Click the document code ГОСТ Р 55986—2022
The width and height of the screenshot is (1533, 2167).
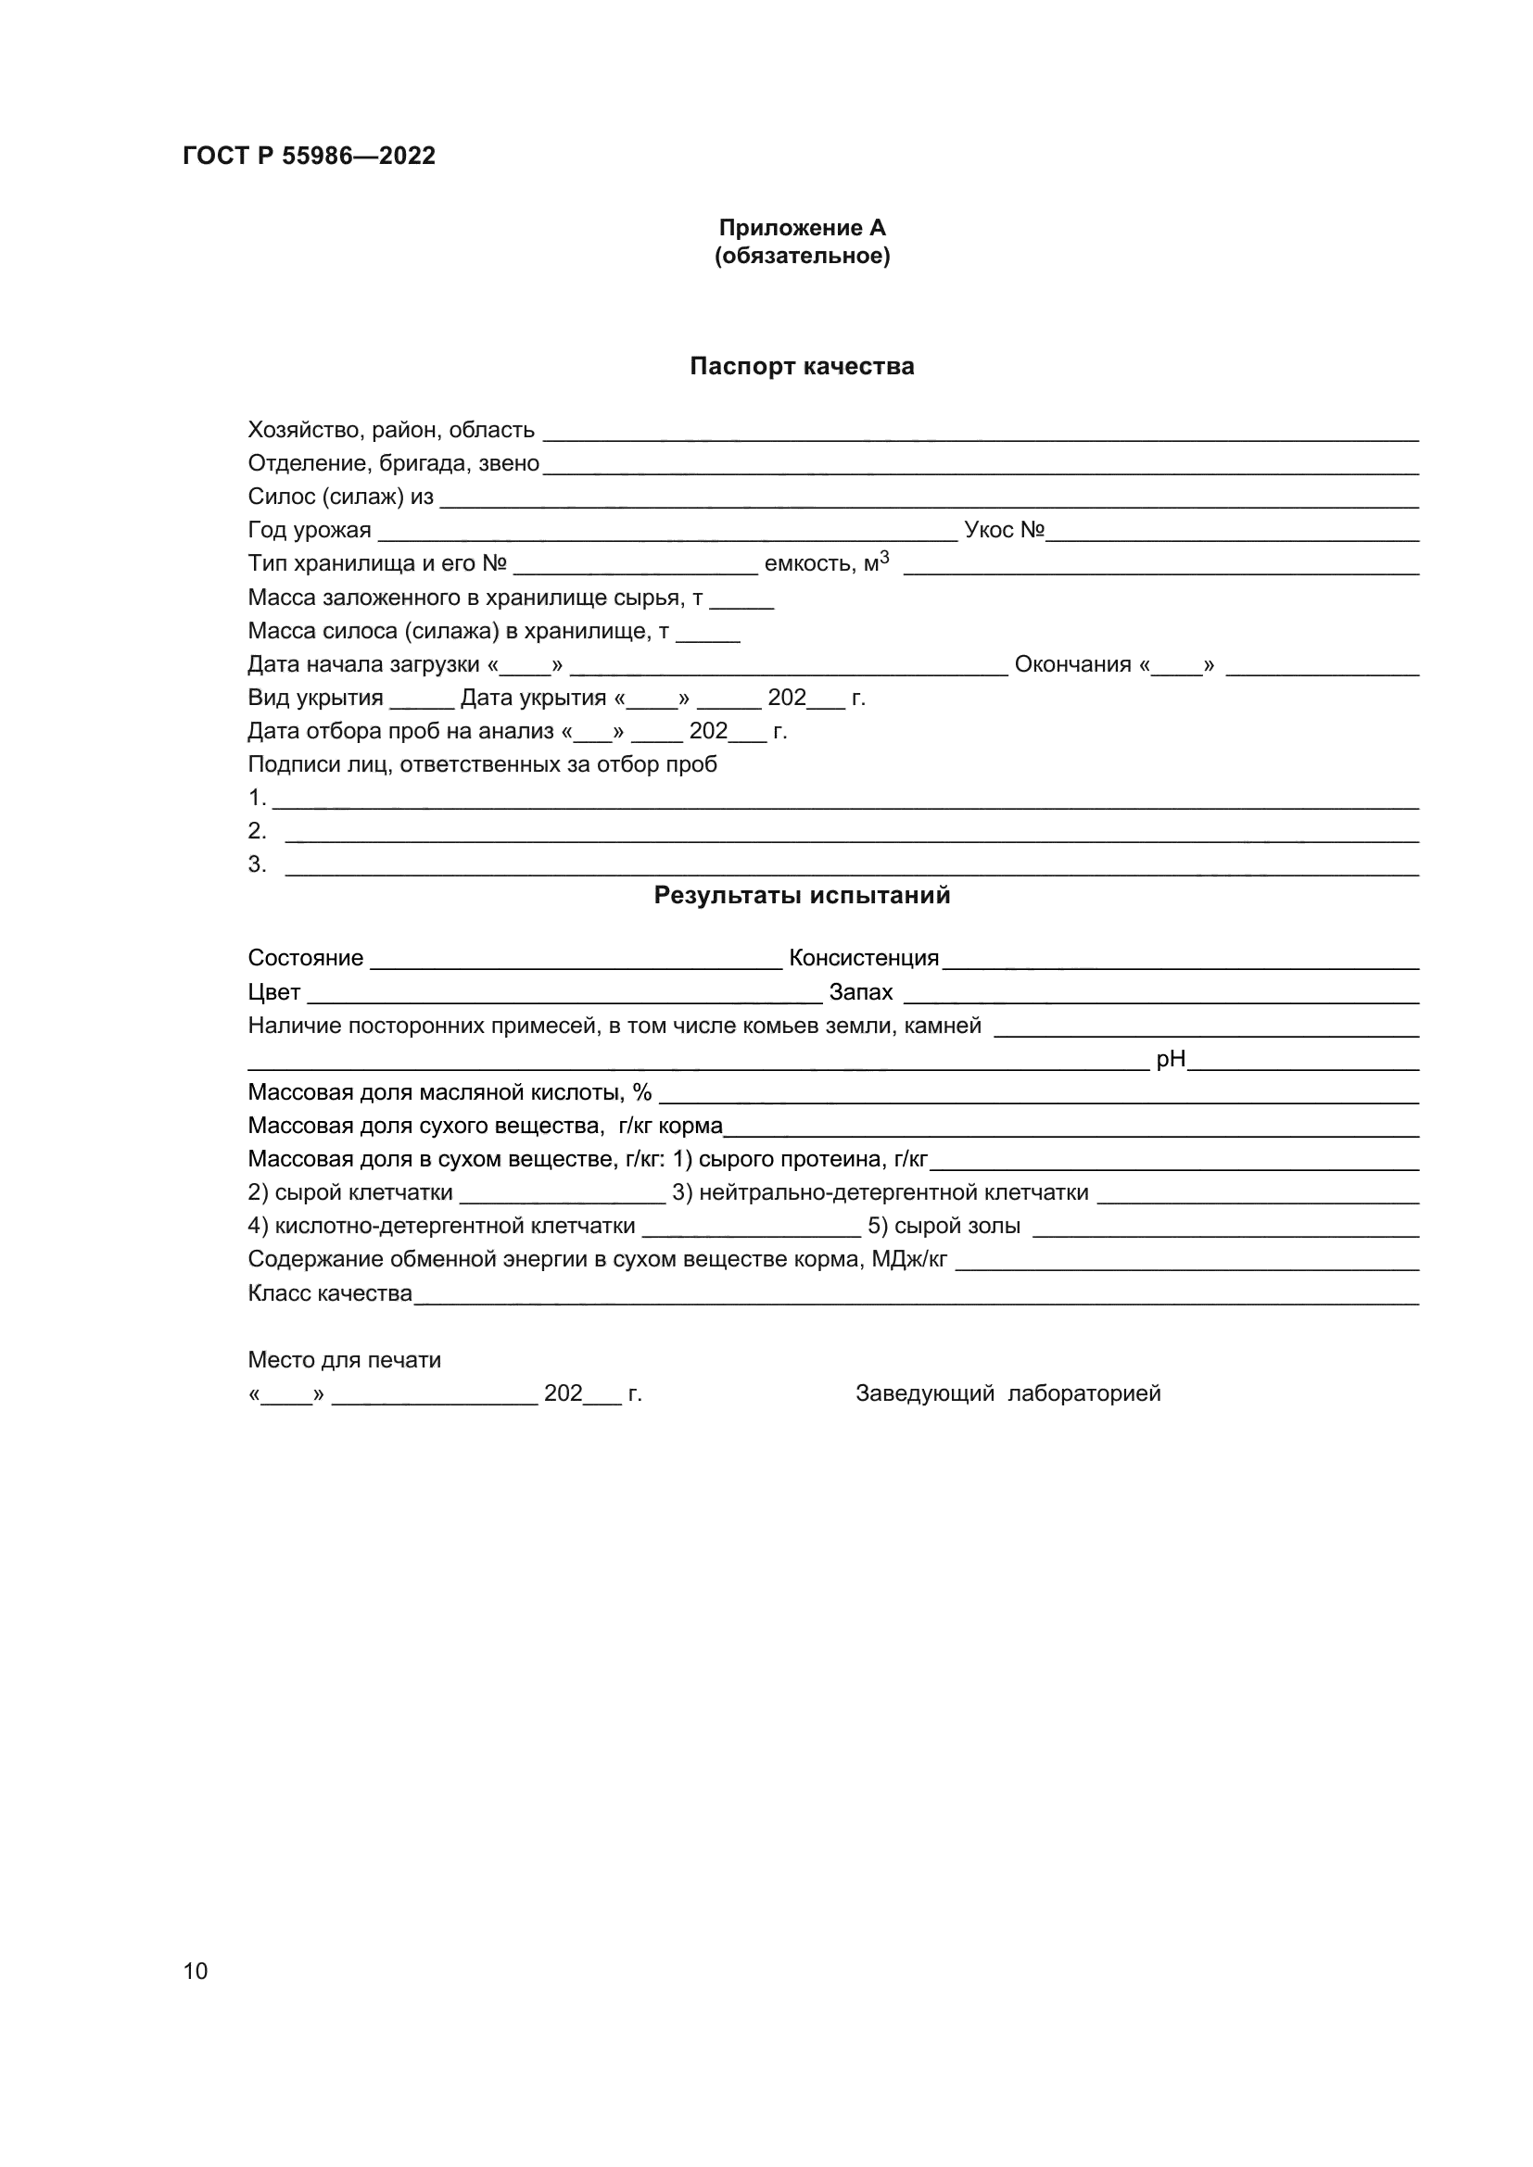click(309, 156)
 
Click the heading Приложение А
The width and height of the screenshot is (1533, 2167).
click(802, 228)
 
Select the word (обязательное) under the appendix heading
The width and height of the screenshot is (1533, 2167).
click(802, 256)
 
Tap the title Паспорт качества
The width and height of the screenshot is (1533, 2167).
click(802, 366)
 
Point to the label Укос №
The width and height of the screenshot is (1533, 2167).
click(1004, 531)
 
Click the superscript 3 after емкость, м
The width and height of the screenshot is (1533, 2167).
click(884, 557)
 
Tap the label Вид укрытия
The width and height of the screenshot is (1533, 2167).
click(315, 698)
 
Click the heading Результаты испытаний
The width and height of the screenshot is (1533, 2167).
click(802, 896)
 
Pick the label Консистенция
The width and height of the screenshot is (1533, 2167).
click(864, 958)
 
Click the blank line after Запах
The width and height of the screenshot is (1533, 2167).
click(1161, 999)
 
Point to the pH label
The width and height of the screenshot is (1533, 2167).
click(1171, 1059)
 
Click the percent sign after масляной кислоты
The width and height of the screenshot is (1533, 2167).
click(642, 1092)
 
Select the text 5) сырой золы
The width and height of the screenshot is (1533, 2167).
click(944, 1226)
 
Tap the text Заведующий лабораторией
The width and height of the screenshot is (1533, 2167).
click(1008, 1393)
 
